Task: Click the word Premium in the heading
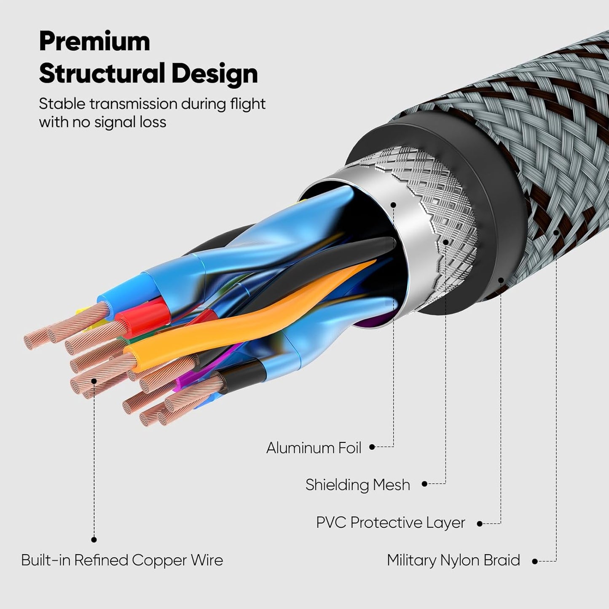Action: (x=94, y=42)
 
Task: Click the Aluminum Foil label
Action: (x=314, y=448)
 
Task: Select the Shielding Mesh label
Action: (x=357, y=485)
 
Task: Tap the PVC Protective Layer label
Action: (x=390, y=523)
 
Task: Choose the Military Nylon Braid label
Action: (x=453, y=561)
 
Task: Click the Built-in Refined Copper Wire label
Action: (x=122, y=561)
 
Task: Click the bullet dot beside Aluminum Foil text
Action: (x=372, y=447)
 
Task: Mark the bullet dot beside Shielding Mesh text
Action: (x=424, y=484)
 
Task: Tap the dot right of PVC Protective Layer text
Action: (x=480, y=524)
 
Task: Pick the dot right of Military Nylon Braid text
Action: (x=535, y=561)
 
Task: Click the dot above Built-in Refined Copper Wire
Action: (x=94, y=539)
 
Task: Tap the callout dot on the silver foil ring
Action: (x=393, y=205)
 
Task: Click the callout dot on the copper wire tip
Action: (x=94, y=381)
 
